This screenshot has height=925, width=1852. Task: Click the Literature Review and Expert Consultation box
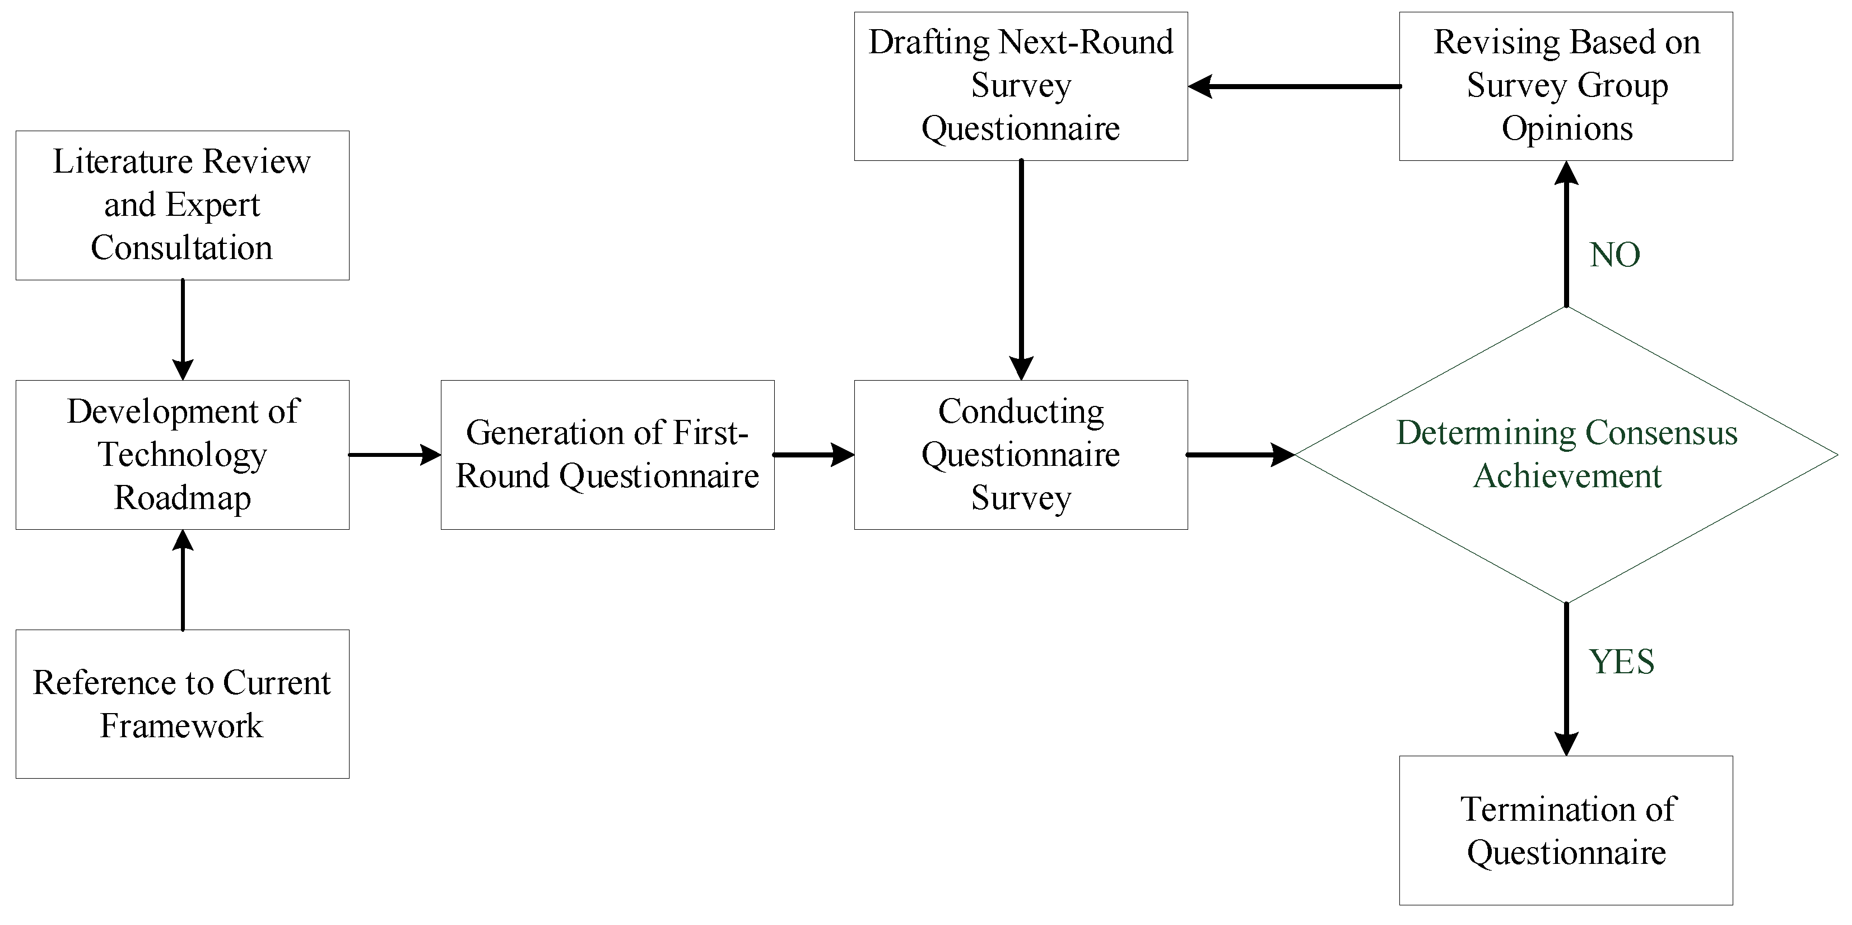(182, 205)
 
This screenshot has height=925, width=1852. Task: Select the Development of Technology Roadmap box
(182, 455)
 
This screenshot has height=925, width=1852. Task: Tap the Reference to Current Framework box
(182, 704)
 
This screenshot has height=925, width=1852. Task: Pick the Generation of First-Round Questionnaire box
(607, 455)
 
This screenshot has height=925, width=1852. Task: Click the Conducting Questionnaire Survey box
(1021, 455)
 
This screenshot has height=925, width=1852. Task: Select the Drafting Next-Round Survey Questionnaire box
(1021, 86)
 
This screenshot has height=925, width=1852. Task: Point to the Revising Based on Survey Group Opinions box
(1566, 86)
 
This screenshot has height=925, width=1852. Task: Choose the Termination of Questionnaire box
(1566, 830)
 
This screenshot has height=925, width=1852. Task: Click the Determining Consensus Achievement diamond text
(1566, 455)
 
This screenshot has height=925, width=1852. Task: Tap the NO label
(1614, 255)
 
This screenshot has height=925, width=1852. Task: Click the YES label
(1621, 662)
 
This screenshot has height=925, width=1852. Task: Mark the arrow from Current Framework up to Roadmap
(183, 580)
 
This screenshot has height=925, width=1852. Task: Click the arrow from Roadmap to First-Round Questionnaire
(394, 455)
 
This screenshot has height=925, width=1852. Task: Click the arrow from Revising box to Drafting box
(1294, 86)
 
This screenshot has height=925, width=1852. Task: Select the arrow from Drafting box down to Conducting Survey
(1021, 270)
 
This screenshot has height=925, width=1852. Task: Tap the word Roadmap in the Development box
(183, 498)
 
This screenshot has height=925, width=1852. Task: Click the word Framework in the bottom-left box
(182, 726)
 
